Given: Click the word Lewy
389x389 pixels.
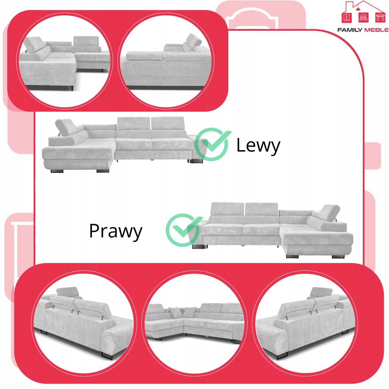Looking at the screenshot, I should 258,145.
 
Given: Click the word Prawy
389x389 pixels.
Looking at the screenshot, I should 115,231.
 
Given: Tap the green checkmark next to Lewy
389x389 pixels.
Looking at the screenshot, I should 213,144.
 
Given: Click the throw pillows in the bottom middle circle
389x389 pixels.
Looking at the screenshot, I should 175,312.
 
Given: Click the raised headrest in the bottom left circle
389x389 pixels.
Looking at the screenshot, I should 69,291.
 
